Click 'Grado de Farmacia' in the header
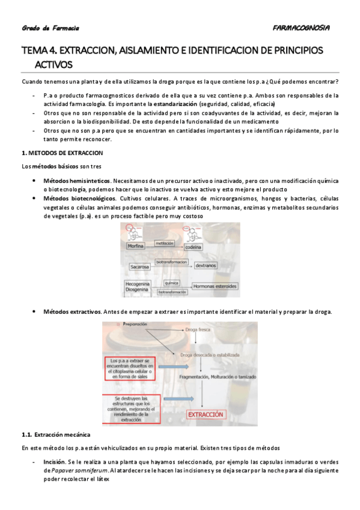tap(50, 28)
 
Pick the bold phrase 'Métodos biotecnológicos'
tap(79, 198)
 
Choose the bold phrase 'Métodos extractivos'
tap(72, 312)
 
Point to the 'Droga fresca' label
tap(200, 330)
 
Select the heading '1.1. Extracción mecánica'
tap(56, 434)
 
